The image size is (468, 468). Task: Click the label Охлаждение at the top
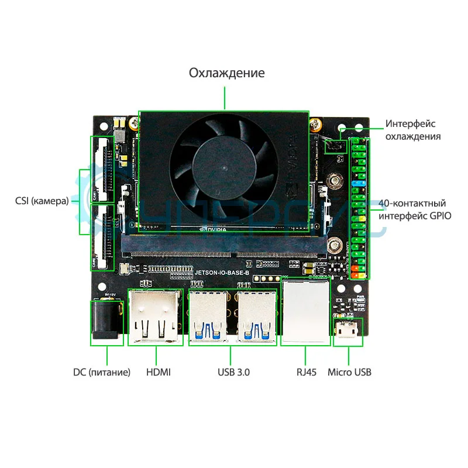pyautogui.click(x=226, y=73)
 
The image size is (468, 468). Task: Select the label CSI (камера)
pyautogui.click(x=42, y=201)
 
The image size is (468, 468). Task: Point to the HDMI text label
pyautogui.click(x=158, y=372)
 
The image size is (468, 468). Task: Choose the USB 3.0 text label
pyautogui.click(x=230, y=372)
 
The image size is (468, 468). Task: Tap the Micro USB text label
pyautogui.click(x=349, y=372)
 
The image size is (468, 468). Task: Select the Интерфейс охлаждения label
pyautogui.click(x=412, y=130)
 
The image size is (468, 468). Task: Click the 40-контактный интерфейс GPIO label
pyautogui.click(x=415, y=209)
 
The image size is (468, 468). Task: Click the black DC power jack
pyautogui.click(x=106, y=321)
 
